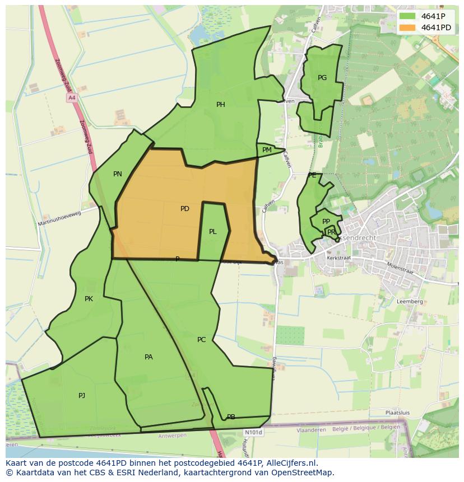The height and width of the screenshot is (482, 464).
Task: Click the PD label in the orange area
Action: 185,209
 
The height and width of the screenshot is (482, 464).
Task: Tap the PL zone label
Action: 213,232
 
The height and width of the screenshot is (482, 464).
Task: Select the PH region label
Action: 221,105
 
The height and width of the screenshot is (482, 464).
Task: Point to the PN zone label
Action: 118,174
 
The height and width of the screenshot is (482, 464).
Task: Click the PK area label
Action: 89,299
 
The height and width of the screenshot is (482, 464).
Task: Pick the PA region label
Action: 149,357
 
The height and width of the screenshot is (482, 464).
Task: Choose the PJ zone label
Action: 82,396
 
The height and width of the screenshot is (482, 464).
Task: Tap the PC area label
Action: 202,340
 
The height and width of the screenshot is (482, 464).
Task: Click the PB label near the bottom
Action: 231,417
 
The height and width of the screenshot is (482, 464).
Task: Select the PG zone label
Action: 322,78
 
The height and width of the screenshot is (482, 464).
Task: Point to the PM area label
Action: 267,150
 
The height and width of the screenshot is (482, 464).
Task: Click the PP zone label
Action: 326,222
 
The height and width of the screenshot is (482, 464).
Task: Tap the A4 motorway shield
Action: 71,98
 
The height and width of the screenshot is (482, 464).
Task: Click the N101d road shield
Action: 253,433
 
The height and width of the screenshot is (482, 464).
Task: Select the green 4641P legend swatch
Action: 407,16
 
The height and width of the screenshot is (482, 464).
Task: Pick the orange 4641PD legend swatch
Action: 407,27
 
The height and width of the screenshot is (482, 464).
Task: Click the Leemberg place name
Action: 410,301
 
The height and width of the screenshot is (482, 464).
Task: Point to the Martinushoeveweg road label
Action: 59,219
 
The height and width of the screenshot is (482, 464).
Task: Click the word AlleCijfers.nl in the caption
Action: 290,463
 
